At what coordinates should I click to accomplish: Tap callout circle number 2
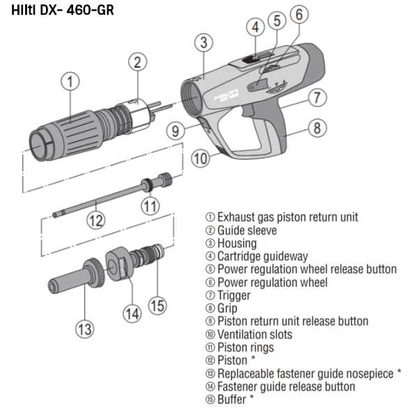click(138, 62)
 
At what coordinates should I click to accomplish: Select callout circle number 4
click(255, 27)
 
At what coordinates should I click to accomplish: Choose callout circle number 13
click(84, 327)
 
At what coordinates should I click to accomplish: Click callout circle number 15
click(157, 305)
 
